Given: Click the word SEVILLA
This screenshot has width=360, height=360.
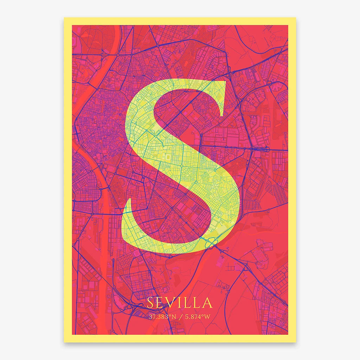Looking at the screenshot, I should click(x=180, y=303).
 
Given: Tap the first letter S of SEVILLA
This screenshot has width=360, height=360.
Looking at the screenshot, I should click(x=150, y=303).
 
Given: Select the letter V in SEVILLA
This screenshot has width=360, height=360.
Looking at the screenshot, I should click(x=171, y=303).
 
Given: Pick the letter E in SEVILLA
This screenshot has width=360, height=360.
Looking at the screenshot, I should click(x=160, y=303).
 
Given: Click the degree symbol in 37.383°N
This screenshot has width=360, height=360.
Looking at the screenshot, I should click(x=170, y=315).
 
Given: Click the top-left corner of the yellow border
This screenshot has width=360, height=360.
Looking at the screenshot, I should click(x=65, y=18).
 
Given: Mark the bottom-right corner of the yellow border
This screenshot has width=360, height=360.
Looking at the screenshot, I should click(x=296, y=342).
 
